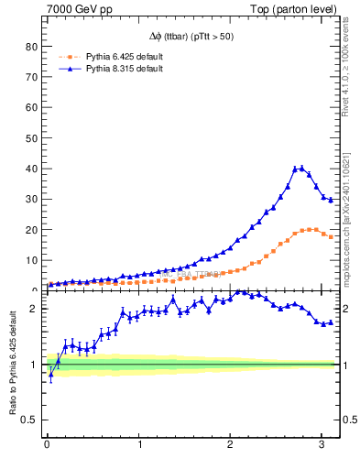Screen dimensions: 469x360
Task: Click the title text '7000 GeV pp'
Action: pos(79,9)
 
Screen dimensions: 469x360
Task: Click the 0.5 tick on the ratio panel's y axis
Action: pos(29,420)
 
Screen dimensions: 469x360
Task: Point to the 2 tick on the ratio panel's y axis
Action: pos(35,309)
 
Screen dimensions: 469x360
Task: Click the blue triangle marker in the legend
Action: pos(65,69)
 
